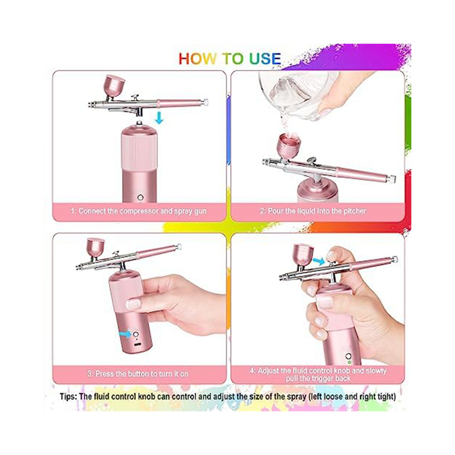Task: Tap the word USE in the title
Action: (x=265, y=59)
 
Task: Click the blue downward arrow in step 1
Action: (x=159, y=118)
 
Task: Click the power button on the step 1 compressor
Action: (x=141, y=198)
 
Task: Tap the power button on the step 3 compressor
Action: (x=136, y=334)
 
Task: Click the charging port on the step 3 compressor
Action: (x=138, y=344)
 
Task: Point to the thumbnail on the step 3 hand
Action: (x=134, y=304)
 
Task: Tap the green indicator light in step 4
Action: (x=349, y=362)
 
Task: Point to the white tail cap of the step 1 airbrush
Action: (x=206, y=102)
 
